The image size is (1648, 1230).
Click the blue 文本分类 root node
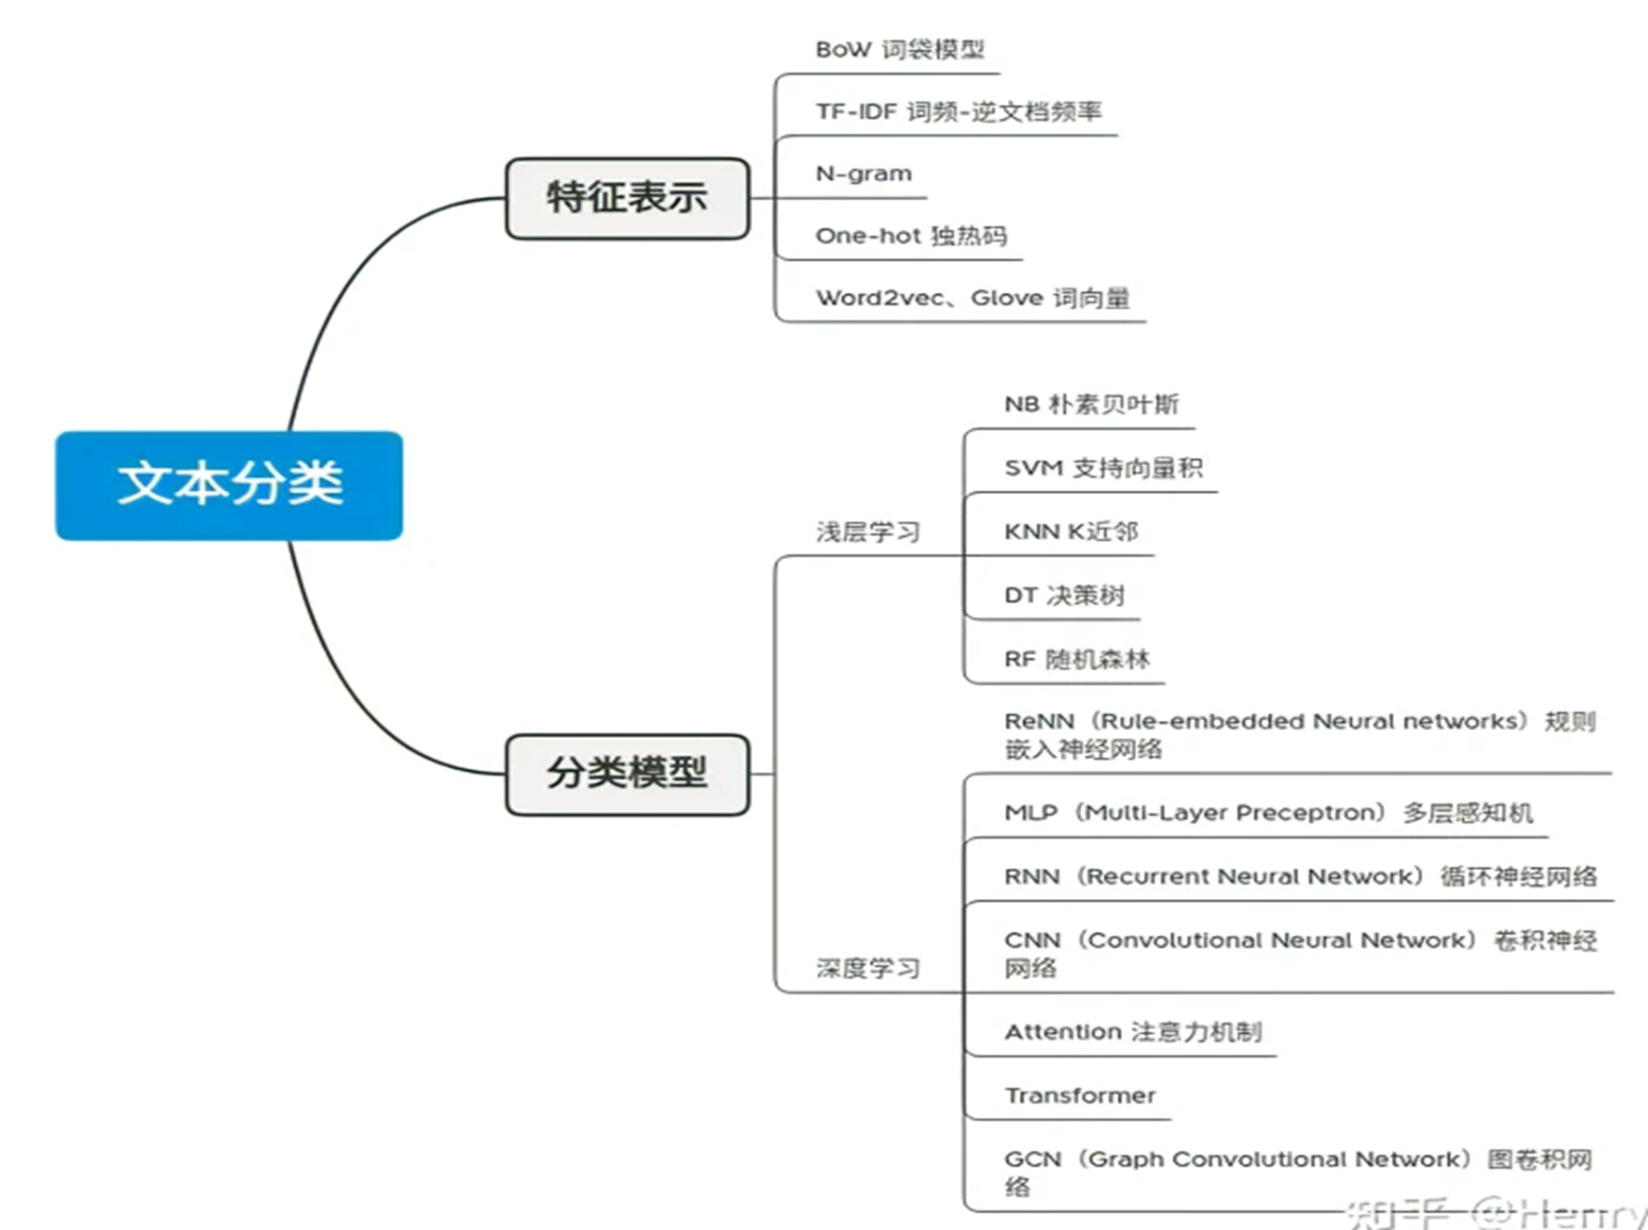pyautogui.click(x=229, y=485)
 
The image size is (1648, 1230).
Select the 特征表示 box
pyautogui.click(x=627, y=198)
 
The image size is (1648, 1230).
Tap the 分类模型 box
pyautogui.click(x=627, y=774)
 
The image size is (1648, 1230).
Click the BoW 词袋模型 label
pyautogui.click(x=899, y=49)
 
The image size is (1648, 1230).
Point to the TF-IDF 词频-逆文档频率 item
pyautogui.click(x=958, y=111)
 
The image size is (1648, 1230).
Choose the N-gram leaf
pyautogui.click(x=864, y=173)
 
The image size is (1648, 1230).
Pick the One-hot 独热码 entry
pyautogui.click(x=911, y=236)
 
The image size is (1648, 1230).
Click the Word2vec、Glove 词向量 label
pyautogui.click(x=972, y=298)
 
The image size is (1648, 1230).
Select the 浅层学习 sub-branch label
pyautogui.click(x=867, y=532)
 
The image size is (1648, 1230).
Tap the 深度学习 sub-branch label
pyautogui.click(x=867, y=968)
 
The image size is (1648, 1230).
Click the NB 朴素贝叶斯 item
pyautogui.click(x=1091, y=404)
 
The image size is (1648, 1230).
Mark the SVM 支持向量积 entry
pyautogui.click(x=1103, y=467)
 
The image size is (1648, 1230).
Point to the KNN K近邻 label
pyautogui.click(x=1071, y=532)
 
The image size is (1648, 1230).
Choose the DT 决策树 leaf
pyautogui.click(x=1064, y=595)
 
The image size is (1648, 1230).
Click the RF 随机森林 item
pyautogui.click(x=1077, y=659)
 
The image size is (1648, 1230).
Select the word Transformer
pyautogui.click(x=1079, y=1095)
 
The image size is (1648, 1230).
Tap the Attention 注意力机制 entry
pyautogui.click(x=1132, y=1032)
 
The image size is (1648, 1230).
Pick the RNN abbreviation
pyautogui.click(x=1031, y=877)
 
